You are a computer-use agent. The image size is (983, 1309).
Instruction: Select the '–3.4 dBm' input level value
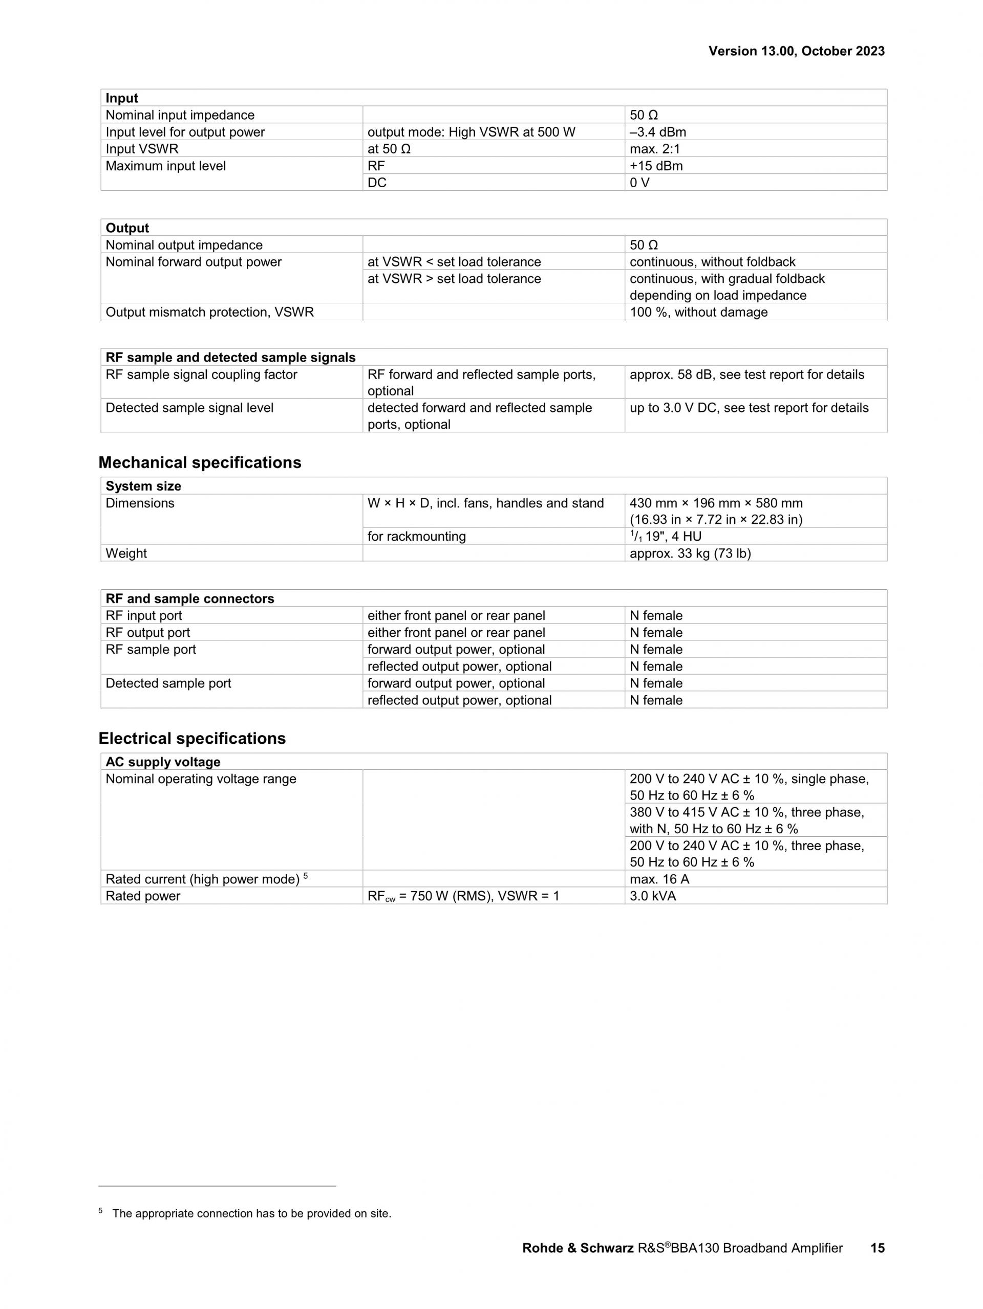[x=657, y=132]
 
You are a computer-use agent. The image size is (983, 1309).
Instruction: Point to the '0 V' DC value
[x=639, y=183]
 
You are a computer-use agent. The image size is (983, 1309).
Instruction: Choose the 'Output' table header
[x=127, y=228]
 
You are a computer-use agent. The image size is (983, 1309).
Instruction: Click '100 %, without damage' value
[x=698, y=312]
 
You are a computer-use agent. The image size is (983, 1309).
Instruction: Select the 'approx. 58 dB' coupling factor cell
[x=746, y=374]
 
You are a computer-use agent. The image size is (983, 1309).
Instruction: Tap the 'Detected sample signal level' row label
[x=189, y=408]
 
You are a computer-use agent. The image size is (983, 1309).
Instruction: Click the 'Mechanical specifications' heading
[x=200, y=462]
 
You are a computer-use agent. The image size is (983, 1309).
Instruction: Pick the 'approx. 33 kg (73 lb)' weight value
[x=690, y=553]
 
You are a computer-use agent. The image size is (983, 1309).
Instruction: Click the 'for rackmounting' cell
[x=416, y=536]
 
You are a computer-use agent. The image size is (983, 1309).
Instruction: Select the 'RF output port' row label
[x=147, y=633]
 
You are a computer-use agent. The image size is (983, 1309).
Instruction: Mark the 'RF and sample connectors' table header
[x=189, y=598]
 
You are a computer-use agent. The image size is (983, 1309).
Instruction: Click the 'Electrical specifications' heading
[x=192, y=738]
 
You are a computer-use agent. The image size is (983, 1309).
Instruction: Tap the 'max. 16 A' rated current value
[x=659, y=879]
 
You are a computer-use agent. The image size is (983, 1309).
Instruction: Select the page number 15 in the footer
[x=877, y=1248]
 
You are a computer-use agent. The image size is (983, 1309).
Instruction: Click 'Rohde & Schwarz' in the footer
[x=578, y=1248]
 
